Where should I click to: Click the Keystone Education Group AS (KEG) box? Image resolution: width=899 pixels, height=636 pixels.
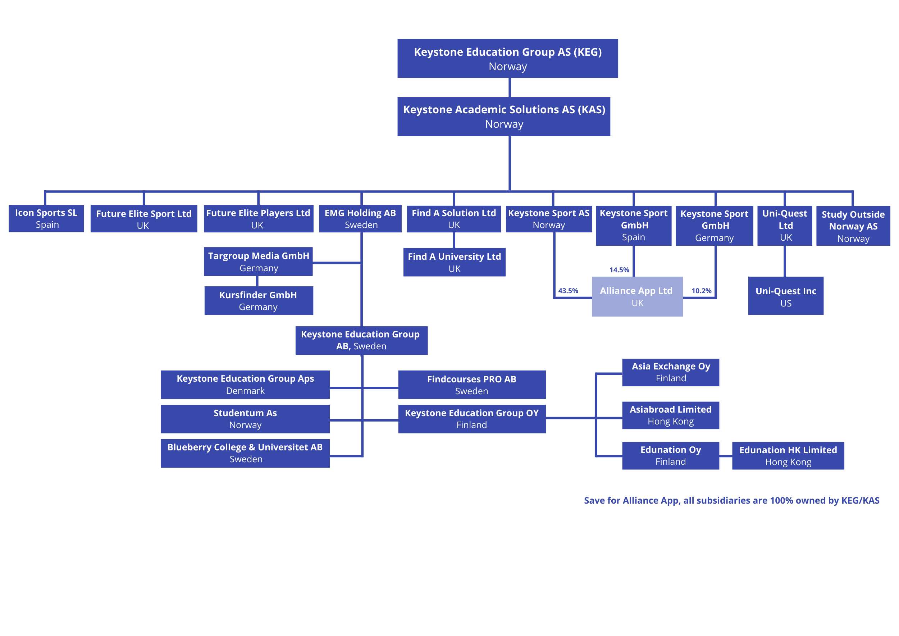point(507,59)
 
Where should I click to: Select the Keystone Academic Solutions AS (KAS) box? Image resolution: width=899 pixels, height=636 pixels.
point(503,117)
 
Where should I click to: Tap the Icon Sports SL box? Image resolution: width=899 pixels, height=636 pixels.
point(46,218)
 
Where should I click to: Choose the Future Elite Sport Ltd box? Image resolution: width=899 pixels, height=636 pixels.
point(143,219)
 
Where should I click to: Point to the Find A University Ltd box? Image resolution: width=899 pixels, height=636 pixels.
point(454,262)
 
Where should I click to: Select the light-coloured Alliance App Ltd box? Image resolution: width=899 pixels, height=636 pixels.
point(637,296)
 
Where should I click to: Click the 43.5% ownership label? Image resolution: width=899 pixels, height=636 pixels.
point(568,291)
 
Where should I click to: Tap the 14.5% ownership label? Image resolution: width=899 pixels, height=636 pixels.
point(619,270)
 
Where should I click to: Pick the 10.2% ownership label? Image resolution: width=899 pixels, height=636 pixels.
point(701,291)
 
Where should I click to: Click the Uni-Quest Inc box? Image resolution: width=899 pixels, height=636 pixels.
point(785,296)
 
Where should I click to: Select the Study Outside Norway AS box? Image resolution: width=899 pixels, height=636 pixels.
point(853,226)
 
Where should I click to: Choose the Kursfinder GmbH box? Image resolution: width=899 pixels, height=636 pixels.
point(259,301)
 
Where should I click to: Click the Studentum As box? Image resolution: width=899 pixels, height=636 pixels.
point(245,419)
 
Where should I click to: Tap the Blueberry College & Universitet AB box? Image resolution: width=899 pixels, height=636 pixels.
point(245,453)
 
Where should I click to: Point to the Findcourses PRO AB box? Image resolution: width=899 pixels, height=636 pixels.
point(471,385)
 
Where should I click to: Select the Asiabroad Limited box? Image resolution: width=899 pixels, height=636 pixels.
point(670,415)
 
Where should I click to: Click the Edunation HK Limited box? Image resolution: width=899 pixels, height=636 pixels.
point(788,455)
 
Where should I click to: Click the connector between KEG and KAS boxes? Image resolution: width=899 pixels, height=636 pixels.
point(510,87)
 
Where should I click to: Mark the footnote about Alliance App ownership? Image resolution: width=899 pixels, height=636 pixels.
point(731,500)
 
